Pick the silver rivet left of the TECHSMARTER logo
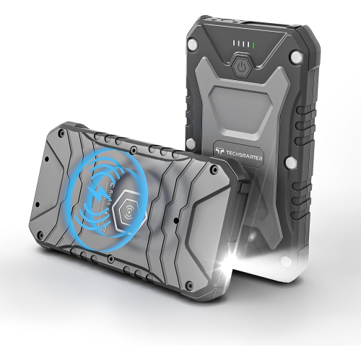pyautogui.click(x=191, y=144)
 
